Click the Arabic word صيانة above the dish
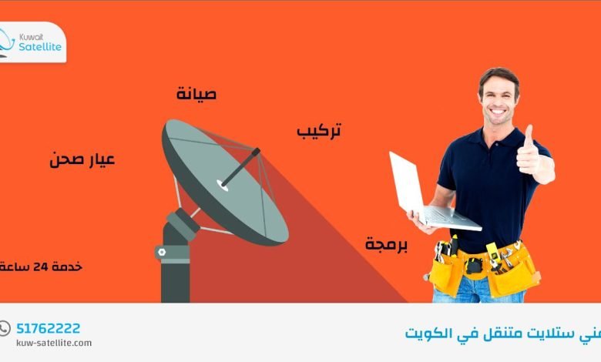(196, 95)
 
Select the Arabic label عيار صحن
(82, 160)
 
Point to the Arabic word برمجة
(387, 244)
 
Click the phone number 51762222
(49, 328)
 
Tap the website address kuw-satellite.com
(54, 343)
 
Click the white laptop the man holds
(420, 196)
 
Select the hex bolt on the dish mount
(162, 251)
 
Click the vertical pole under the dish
(175, 277)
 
